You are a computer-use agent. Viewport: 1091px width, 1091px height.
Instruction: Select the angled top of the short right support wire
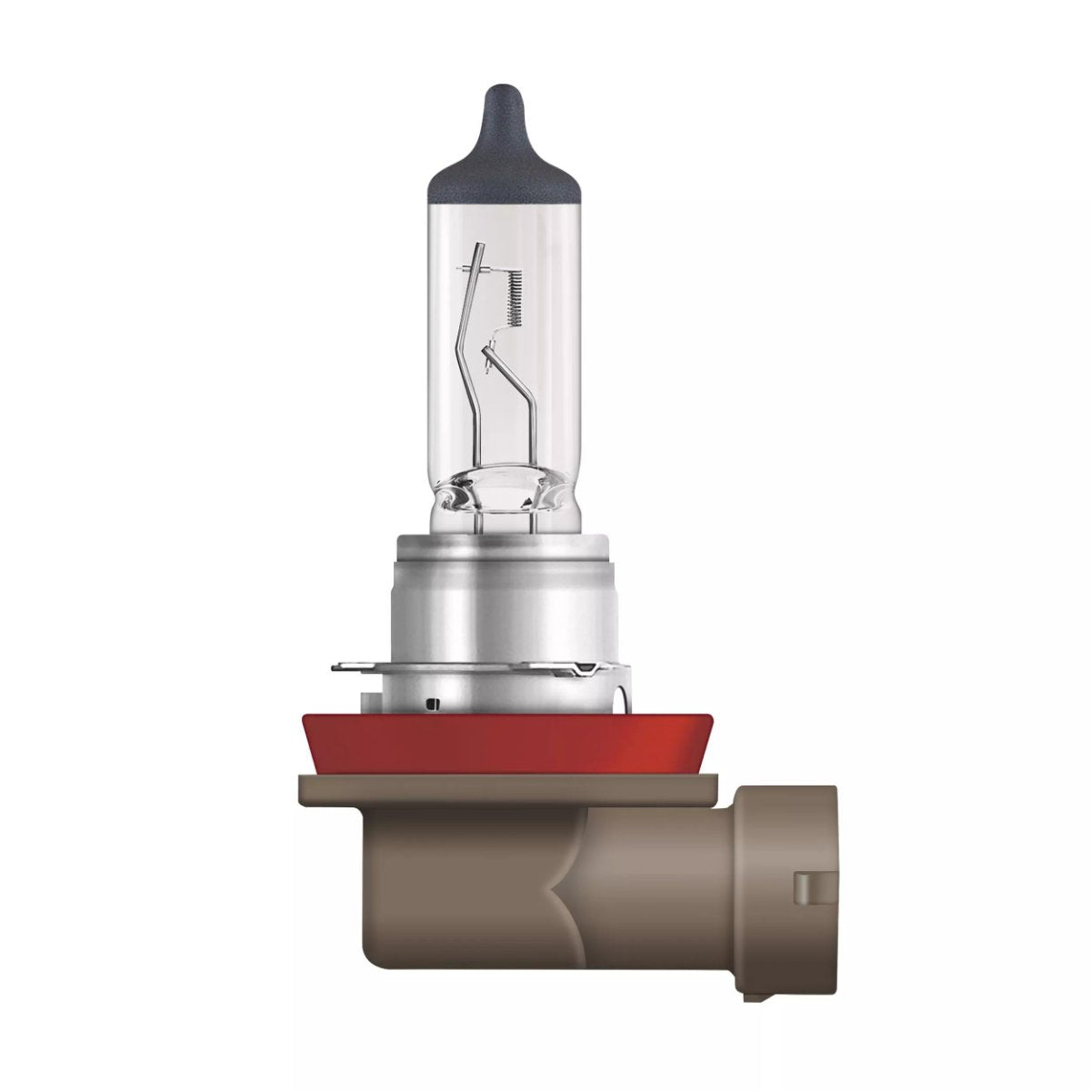click(x=494, y=346)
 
